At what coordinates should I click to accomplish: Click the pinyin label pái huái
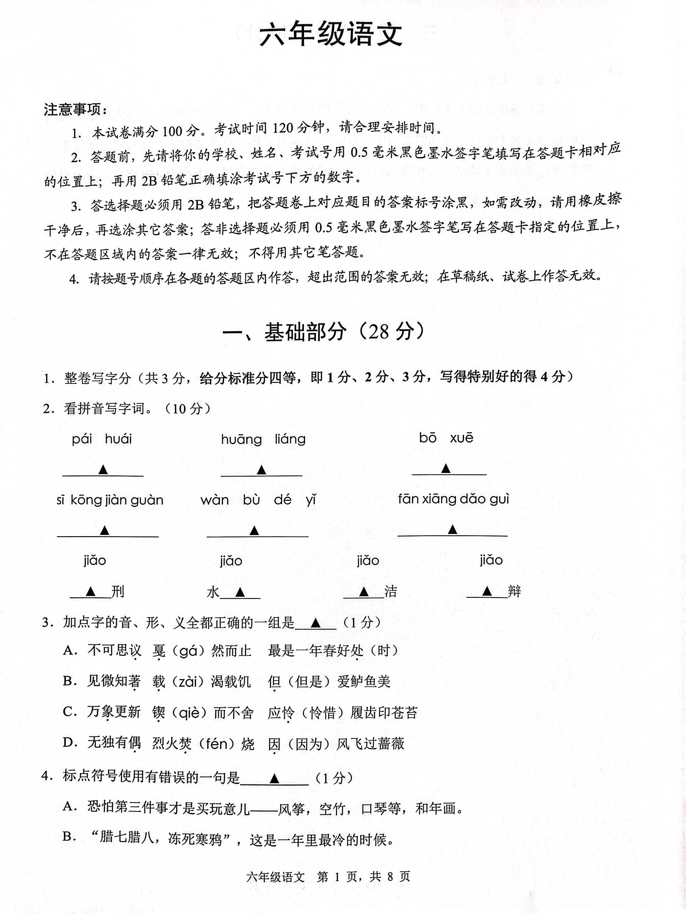pyautogui.click(x=102, y=439)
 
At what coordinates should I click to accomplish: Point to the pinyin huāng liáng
pyautogui.click(x=263, y=439)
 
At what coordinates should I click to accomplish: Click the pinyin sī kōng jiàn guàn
pyautogui.click(x=110, y=500)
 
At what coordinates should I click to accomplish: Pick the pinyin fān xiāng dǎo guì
pyautogui.click(x=453, y=499)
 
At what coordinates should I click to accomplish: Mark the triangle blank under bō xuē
pyautogui.click(x=445, y=469)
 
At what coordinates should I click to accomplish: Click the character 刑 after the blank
pyautogui.click(x=118, y=592)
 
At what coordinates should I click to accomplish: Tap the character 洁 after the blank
pyautogui.click(x=390, y=592)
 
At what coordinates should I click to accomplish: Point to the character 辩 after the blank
pyautogui.click(x=514, y=592)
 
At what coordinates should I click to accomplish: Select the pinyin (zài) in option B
pyautogui.click(x=188, y=681)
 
